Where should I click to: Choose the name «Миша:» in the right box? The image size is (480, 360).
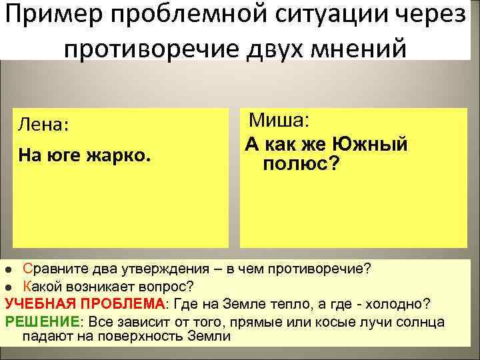[x=279, y=121]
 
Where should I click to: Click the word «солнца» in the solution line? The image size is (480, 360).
[x=421, y=321]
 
